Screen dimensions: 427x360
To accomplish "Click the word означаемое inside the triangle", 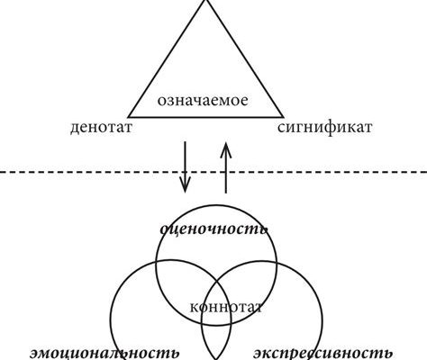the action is (203, 101).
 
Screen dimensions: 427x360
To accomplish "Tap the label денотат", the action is (101, 128).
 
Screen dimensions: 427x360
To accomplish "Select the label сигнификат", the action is (324, 128).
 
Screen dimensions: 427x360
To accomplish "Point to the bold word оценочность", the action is (214, 229).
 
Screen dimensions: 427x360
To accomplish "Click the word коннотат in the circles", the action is (226, 307).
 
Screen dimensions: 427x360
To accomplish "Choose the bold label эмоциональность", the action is (105, 353).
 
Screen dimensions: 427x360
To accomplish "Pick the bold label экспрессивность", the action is (323, 354).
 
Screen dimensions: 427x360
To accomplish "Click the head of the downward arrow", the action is (185, 186).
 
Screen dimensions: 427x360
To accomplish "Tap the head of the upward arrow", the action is (226, 149).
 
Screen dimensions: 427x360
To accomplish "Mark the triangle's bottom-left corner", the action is (128, 117).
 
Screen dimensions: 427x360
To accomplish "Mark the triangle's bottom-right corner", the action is (283, 117).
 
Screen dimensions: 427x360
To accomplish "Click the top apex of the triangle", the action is (205, 0).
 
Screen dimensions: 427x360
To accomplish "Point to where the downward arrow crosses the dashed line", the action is (185, 172).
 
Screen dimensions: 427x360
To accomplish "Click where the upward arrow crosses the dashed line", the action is (226, 172).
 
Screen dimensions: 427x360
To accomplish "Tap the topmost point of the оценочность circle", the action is (216, 206).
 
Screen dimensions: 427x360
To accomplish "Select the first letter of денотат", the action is (75, 129).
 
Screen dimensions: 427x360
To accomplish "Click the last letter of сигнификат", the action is (368, 128).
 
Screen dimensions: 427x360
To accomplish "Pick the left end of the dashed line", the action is (0, 172).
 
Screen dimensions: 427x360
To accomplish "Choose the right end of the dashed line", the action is (426, 172).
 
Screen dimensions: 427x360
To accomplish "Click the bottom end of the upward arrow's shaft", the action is (226, 193).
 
